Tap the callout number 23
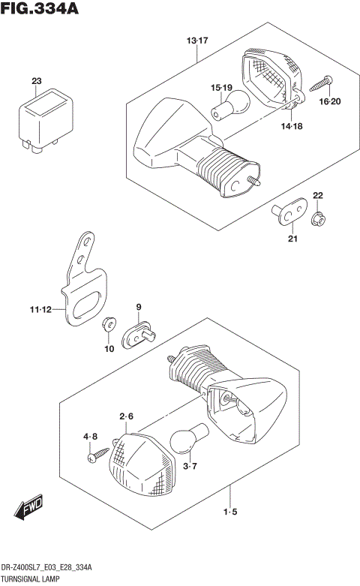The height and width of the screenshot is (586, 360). pos(36,80)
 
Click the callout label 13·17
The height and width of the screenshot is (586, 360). pos(197,40)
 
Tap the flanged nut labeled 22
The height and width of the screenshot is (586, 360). pos(317,218)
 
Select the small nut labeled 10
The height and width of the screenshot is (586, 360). pos(109,323)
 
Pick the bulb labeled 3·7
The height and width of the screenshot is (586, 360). pos(184,441)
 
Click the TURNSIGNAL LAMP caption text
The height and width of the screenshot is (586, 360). pos(34,580)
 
